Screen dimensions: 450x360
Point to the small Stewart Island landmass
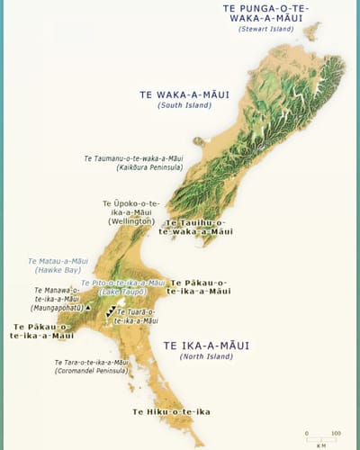[x=312, y=31]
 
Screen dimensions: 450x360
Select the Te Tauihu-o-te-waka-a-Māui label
[x=194, y=227]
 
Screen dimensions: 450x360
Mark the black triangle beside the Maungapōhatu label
[x=88, y=307]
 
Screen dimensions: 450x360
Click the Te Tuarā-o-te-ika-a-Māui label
[x=137, y=316]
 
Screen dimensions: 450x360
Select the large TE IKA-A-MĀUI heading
[x=206, y=345]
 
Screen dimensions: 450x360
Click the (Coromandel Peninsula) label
[x=92, y=370]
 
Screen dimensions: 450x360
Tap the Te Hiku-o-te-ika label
[x=171, y=411]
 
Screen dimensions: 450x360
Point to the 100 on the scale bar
[x=336, y=433]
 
